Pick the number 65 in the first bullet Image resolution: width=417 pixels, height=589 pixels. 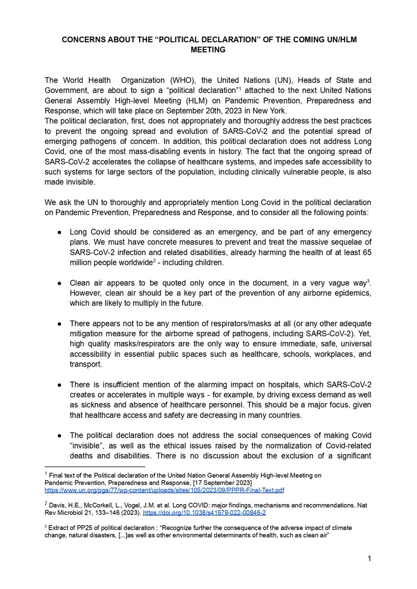point(366,252)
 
